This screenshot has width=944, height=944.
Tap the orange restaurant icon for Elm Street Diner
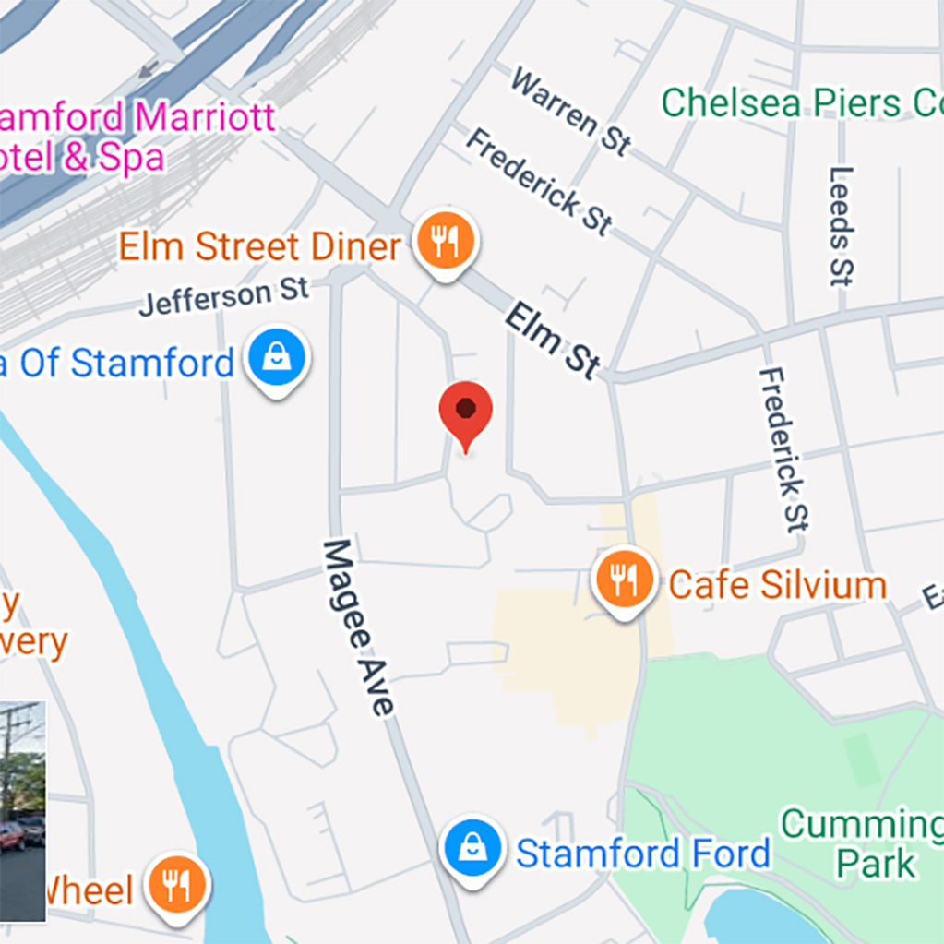click(x=446, y=240)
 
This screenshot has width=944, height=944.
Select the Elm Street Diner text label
click(x=260, y=246)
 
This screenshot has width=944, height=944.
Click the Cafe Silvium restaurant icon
click(x=624, y=580)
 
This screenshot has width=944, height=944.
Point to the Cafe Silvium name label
click(x=777, y=584)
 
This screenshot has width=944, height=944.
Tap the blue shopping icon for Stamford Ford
click(x=472, y=847)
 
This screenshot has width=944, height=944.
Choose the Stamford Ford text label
click(x=642, y=854)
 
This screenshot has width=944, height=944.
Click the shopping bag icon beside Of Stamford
click(x=277, y=357)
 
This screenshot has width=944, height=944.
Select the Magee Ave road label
click(x=358, y=627)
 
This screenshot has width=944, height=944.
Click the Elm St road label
click(x=552, y=341)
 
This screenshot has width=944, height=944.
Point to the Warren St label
click(x=571, y=112)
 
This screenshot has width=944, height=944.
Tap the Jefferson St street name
click(x=224, y=297)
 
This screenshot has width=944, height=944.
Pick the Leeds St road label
click(x=841, y=226)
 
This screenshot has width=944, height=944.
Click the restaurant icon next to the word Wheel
click(x=174, y=884)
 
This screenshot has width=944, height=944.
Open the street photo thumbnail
click(x=22, y=811)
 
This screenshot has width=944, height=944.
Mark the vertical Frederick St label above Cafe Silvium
click(x=783, y=449)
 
